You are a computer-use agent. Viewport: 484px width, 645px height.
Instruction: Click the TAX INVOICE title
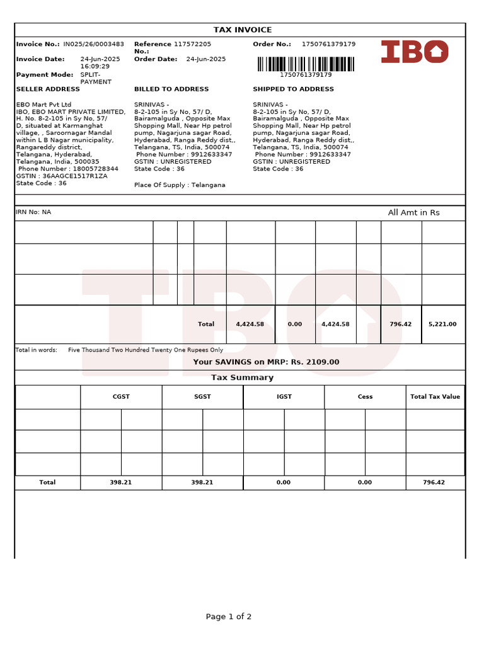point(243,30)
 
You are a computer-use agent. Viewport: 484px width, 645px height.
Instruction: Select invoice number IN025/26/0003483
point(93,44)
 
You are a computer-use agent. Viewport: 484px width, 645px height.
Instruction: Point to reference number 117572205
point(192,44)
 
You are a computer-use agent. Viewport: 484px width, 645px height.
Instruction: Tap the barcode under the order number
point(306,64)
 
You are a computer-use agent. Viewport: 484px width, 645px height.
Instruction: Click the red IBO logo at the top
point(415,52)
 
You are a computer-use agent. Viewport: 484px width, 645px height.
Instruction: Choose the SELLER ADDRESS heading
point(48,89)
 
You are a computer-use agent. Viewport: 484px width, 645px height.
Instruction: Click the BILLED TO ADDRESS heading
point(171,89)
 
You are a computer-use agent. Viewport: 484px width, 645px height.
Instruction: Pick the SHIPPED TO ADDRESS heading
point(293,89)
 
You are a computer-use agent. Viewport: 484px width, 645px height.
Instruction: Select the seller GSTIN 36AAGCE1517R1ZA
point(74,176)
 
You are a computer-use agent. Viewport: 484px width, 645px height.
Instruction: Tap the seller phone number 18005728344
point(92,169)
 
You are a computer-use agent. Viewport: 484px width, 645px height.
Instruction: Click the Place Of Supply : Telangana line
point(180,185)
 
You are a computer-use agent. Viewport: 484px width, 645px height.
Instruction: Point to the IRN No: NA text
point(33,212)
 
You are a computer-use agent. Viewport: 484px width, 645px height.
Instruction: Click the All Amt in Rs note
point(413,213)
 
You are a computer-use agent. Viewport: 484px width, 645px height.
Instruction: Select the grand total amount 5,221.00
point(442,324)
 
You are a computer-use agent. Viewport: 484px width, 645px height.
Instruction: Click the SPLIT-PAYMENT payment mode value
point(96,78)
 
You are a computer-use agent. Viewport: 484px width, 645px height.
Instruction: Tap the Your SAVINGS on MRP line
point(266,362)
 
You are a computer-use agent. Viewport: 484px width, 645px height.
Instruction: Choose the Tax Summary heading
point(242,378)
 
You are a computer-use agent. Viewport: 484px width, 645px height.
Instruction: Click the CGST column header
point(121,397)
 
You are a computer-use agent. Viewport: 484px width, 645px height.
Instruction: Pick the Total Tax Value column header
point(435,397)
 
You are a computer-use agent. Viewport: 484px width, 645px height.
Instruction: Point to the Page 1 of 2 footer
point(229,617)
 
